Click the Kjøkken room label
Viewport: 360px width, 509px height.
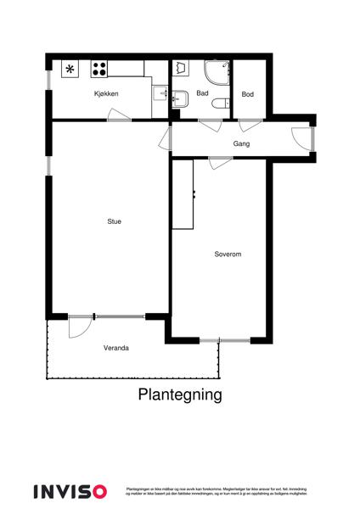[106, 93]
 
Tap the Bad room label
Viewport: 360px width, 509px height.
[202, 93]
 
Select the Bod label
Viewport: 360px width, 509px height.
[247, 93]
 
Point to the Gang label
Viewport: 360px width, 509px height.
[242, 143]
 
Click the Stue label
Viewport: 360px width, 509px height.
[114, 221]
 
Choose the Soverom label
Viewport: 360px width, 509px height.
[228, 254]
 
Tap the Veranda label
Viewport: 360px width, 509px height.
[116, 348]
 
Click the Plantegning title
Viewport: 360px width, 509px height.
[180, 394]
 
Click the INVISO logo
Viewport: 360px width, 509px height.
[70, 490]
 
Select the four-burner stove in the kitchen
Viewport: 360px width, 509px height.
[99, 70]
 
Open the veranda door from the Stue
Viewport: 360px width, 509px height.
[81, 323]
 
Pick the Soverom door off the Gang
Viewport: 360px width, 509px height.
[220, 162]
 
